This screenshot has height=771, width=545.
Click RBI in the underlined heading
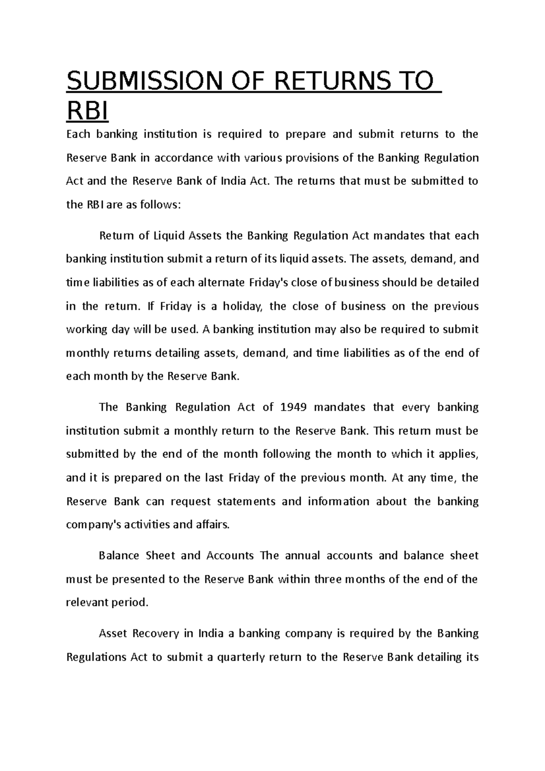[x=88, y=111]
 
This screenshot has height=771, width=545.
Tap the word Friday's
[x=269, y=282]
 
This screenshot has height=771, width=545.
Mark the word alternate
[x=223, y=282]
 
